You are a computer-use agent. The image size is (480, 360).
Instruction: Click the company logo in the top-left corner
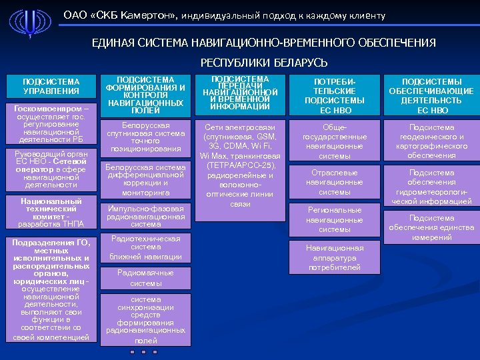click(x=30, y=25)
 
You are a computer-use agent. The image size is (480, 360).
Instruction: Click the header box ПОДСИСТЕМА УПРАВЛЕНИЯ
click(x=51, y=86)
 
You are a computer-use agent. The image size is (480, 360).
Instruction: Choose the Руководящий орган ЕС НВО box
click(x=51, y=169)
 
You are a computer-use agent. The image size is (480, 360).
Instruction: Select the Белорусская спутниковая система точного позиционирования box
click(x=146, y=137)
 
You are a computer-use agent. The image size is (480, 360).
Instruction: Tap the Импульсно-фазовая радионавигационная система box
click(x=146, y=216)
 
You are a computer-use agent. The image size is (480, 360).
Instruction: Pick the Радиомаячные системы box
click(x=146, y=278)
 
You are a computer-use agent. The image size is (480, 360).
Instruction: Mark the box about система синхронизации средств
click(x=146, y=319)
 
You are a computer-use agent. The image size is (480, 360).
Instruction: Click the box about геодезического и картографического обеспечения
click(x=432, y=141)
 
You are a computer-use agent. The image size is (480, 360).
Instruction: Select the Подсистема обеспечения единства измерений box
click(x=432, y=227)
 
